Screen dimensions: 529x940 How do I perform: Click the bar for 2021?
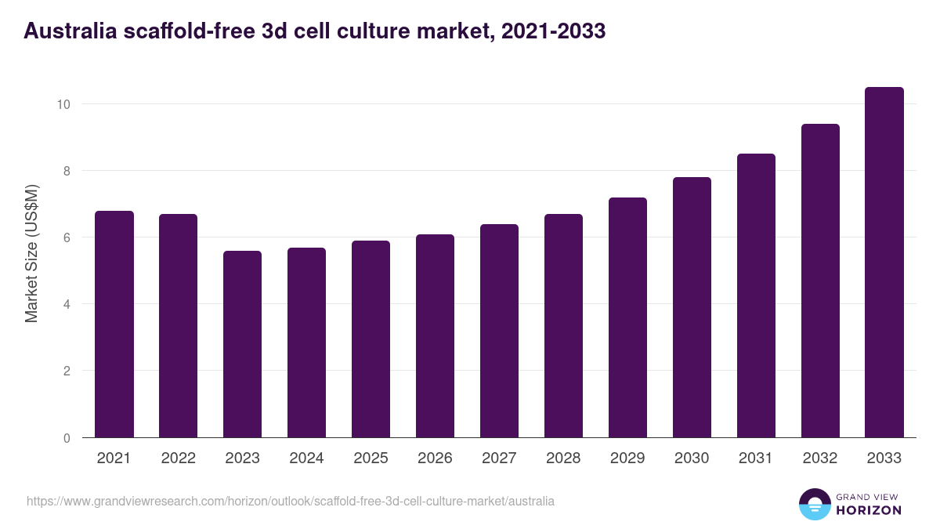click(114, 324)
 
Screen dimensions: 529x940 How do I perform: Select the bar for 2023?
click(242, 344)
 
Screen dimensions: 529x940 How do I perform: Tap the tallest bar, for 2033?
click(884, 263)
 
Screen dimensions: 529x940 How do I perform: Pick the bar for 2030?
click(692, 307)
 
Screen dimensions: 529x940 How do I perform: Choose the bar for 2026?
click(435, 336)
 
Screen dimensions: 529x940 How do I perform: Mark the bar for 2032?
click(820, 281)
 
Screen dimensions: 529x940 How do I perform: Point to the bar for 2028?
click(563, 326)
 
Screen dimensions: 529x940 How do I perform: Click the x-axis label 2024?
click(306, 458)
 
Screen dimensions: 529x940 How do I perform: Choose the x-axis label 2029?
click(627, 458)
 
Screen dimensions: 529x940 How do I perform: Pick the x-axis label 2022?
click(178, 458)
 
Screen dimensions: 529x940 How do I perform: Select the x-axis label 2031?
click(756, 458)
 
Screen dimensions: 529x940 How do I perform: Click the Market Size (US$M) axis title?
click(31, 253)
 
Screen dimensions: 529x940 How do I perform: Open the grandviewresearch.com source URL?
click(291, 501)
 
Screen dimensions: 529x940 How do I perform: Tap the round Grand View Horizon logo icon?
click(814, 504)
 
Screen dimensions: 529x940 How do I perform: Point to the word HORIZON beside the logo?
click(869, 510)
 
